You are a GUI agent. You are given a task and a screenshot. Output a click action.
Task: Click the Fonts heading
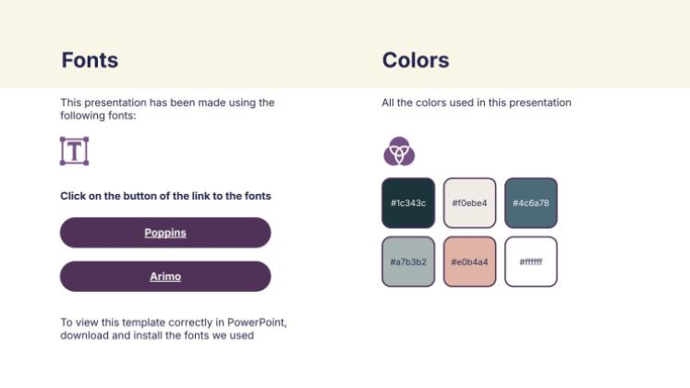click(90, 60)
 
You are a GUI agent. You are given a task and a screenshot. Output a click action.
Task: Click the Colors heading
click(416, 60)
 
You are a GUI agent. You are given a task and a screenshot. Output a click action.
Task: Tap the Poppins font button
click(165, 232)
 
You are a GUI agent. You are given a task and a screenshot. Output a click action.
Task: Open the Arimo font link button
click(165, 276)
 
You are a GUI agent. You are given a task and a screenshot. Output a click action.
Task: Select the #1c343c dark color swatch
click(408, 203)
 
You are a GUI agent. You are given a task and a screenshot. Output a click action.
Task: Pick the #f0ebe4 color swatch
click(469, 203)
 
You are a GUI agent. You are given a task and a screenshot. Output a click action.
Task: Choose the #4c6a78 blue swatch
click(531, 203)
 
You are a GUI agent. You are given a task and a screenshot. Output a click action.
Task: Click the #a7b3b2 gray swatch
click(408, 261)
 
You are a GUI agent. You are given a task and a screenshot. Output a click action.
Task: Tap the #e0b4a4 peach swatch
click(469, 261)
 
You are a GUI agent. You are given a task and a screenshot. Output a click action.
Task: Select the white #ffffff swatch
click(531, 261)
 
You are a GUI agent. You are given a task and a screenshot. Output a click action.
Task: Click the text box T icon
click(75, 151)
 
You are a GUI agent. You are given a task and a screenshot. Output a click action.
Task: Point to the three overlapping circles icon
click(399, 151)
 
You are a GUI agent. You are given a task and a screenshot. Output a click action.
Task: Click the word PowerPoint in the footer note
click(257, 322)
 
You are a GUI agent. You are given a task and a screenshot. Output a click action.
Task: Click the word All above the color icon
click(388, 103)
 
